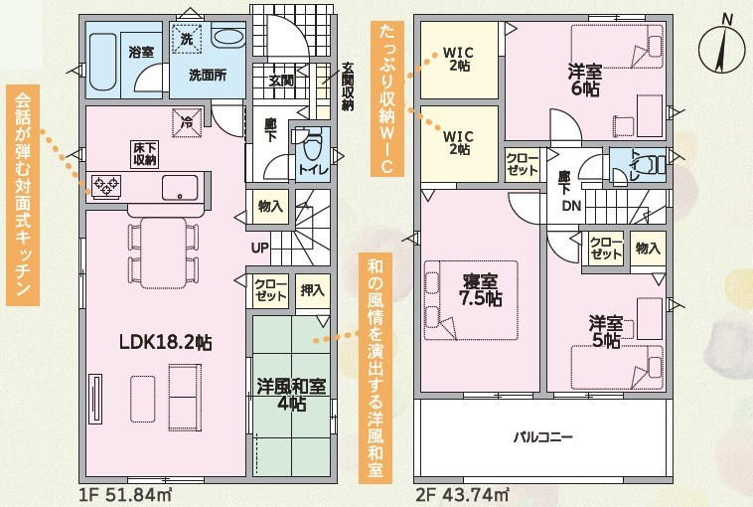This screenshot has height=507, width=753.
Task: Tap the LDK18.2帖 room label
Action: (166, 342)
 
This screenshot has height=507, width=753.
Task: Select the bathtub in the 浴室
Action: (103, 62)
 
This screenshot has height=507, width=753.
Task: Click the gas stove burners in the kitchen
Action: (105, 186)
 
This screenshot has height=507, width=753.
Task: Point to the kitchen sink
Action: (180, 188)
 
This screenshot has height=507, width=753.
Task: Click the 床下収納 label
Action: (145, 154)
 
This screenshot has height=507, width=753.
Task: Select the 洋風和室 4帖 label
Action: (291, 395)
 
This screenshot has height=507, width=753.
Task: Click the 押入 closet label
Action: (312, 290)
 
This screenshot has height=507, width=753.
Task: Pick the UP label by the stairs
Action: (260, 248)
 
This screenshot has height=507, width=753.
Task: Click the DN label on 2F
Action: (571, 206)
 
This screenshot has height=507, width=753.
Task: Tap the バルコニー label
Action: (542, 436)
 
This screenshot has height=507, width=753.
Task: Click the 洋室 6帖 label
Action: (585, 81)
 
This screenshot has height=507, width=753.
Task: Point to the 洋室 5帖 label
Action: (606, 332)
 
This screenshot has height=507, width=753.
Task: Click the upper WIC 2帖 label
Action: (458, 59)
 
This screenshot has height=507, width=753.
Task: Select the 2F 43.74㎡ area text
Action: (463, 494)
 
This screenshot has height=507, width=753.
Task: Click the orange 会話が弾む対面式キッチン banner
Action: (23, 195)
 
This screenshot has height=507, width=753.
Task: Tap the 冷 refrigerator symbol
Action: (187, 122)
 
